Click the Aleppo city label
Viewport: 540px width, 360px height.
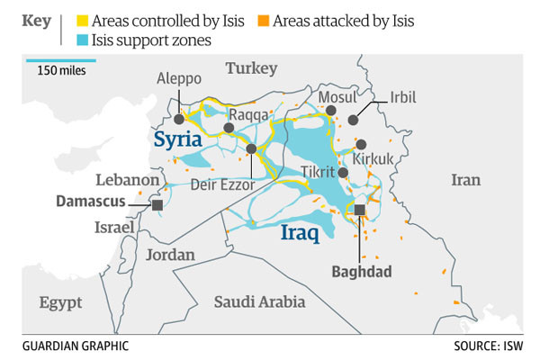tap(178, 78)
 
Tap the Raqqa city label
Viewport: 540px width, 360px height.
tap(248, 114)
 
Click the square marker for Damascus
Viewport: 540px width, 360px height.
tap(157, 205)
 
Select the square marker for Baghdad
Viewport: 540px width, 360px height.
tap(359, 210)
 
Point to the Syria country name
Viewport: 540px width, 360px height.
tap(178, 139)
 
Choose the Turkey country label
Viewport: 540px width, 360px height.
tap(252, 68)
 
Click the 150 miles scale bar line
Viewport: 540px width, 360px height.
tap(59, 61)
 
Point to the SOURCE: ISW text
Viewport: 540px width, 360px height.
tap(491, 346)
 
